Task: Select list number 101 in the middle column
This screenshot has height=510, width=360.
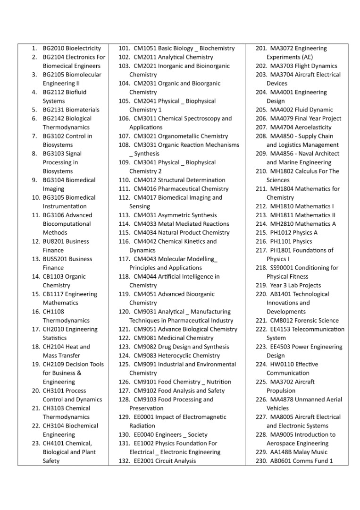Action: pos(124,48)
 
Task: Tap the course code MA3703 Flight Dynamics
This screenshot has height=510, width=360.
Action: pos(282,66)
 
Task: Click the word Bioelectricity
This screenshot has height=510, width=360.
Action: pos(84,48)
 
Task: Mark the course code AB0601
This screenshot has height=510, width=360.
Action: pos(281,461)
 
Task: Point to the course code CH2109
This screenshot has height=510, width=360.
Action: pos(53,365)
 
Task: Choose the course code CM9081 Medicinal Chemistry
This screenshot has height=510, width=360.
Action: pos(145,338)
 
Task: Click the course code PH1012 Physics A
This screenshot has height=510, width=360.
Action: pos(281,233)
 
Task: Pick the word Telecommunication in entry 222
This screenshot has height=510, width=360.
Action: pos(318,330)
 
